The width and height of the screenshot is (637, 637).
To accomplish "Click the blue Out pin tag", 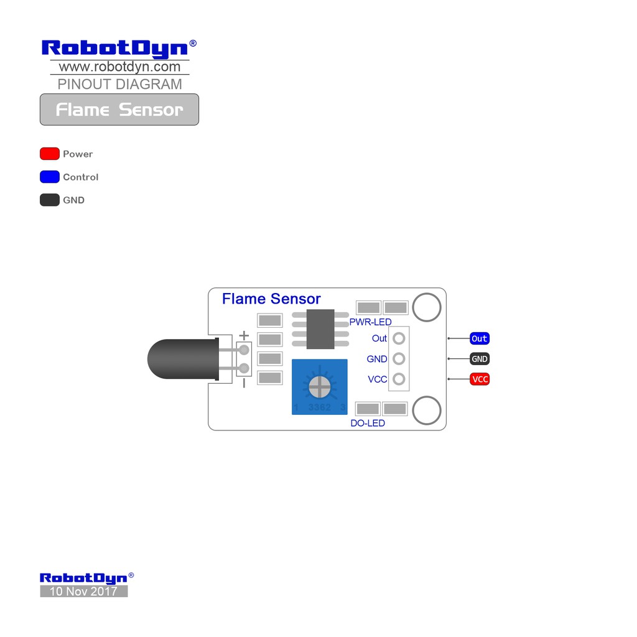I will (479, 338).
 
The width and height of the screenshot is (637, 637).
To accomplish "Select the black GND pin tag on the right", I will (479, 359).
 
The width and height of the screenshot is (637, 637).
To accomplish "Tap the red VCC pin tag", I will (480, 379).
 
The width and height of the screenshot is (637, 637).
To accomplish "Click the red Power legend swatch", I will (50, 154).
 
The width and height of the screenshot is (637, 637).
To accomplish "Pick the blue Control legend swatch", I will (50, 177).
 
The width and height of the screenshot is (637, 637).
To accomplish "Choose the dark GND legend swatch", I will (50, 200).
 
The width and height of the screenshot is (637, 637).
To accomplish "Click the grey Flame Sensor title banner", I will (119, 109).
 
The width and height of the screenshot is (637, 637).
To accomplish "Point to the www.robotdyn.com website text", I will (119, 67).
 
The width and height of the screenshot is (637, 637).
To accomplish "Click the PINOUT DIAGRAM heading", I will (119, 84).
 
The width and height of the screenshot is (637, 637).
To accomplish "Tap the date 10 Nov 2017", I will (83, 592).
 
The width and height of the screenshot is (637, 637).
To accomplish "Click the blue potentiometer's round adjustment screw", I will (320, 387).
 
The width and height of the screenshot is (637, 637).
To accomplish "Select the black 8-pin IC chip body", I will (320, 329).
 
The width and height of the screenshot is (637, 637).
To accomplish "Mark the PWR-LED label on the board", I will (370, 322).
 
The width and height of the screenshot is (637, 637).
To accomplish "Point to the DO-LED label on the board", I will (368, 423).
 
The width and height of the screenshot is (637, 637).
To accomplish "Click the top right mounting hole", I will (427, 307).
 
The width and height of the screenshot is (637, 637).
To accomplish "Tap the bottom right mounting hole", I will (427, 411).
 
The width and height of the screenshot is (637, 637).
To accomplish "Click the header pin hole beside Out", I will (399, 338).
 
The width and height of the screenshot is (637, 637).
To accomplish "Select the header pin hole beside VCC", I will (399, 379).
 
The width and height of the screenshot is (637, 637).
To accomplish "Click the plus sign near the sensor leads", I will (244, 336).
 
